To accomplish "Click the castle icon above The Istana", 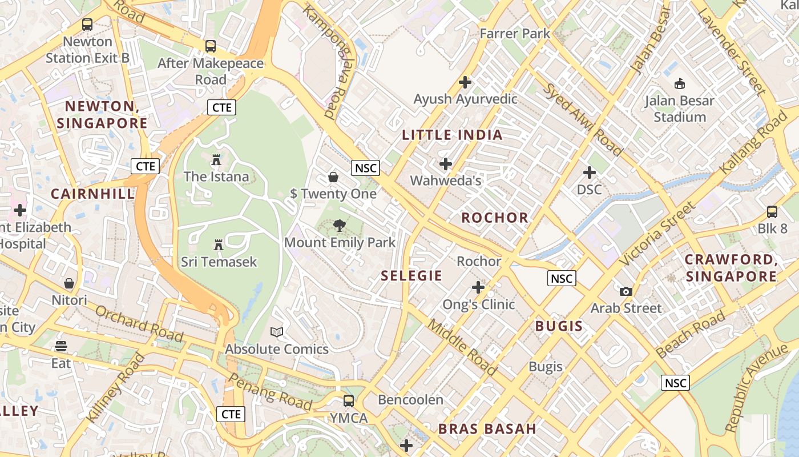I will click(216, 160).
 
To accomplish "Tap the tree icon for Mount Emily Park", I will click(340, 226).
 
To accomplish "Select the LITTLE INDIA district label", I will click(452, 135).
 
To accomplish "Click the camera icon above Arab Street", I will click(626, 291).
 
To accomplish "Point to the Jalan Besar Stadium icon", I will click(679, 84).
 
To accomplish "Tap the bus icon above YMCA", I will click(349, 401).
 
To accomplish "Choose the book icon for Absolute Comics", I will click(277, 332).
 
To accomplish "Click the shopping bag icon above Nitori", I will click(69, 283).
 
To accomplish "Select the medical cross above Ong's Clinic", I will click(478, 287).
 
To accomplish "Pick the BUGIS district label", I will click(559, 327).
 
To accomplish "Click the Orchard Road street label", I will click(139, 323).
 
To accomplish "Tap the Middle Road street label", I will click(462, 347).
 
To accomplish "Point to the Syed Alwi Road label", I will click(582, 120).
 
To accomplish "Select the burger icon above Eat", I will click(61, 346).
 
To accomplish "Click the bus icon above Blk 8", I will click(772, 212).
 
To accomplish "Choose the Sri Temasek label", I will click(219, 262).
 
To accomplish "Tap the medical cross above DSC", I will click(590, 172).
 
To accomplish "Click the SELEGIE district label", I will click(411, 276).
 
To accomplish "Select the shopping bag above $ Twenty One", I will click(333, 177).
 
